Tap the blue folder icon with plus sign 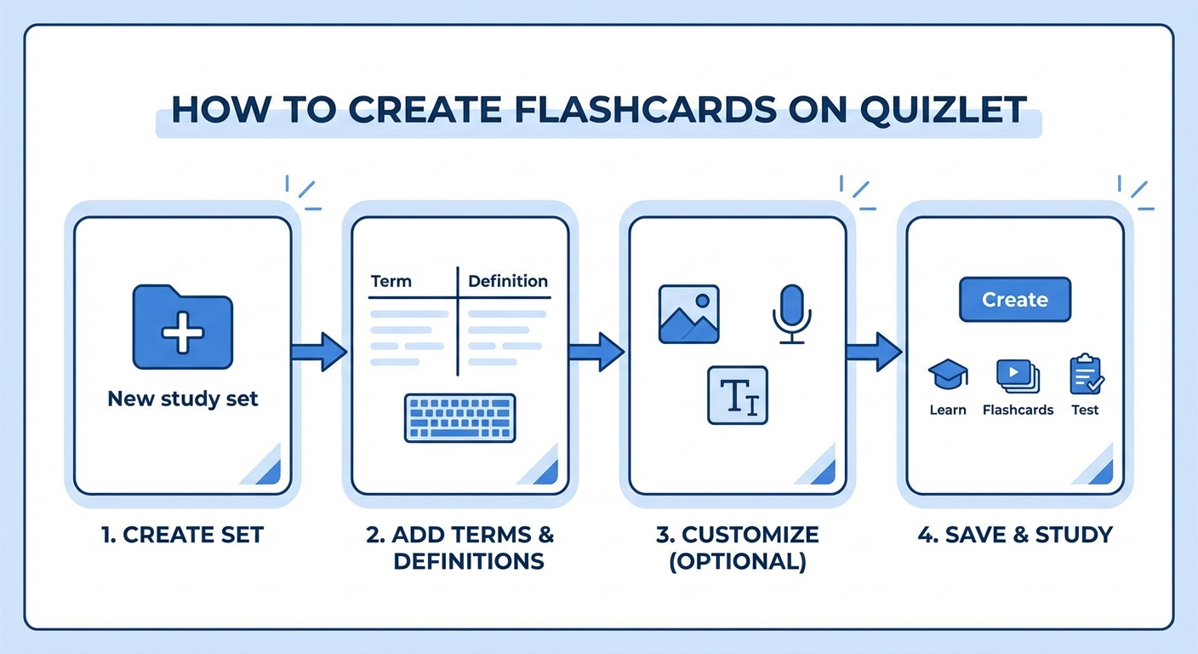tap(182, 327)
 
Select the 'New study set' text tap(182, 399)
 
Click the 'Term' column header tap(391, 281)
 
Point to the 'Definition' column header tap(508, 281)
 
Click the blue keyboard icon tap(459, 418)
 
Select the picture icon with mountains tap(688, 314)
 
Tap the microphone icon tap(791, 314)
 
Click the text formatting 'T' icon tap(738, 395)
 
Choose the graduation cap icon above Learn tap(947, 375)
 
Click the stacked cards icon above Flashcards tap(1018, 375)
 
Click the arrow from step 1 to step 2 tap(318, 352)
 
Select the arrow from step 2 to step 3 tap(596, 352)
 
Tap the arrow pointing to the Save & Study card tap(873, 352)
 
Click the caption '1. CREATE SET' tap(182, 535)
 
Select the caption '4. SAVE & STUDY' tap(1015, 535)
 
